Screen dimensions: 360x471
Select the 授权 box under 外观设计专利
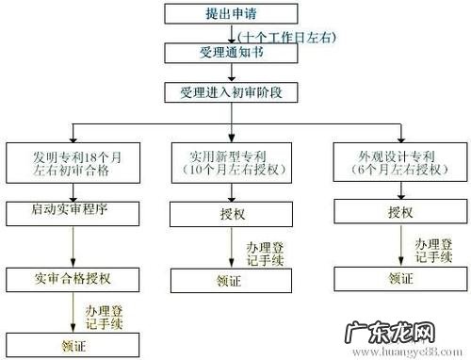pos(396,214)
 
